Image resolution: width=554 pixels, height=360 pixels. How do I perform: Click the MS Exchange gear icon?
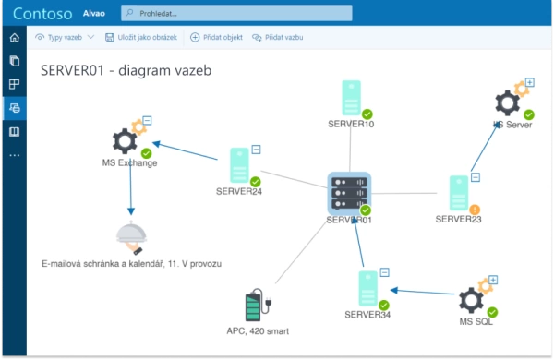click(x=126, y=140)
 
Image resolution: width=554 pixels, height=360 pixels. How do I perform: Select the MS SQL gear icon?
click(x=472, y=300)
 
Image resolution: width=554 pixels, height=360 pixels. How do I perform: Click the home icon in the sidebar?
click(x=14, y=38)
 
